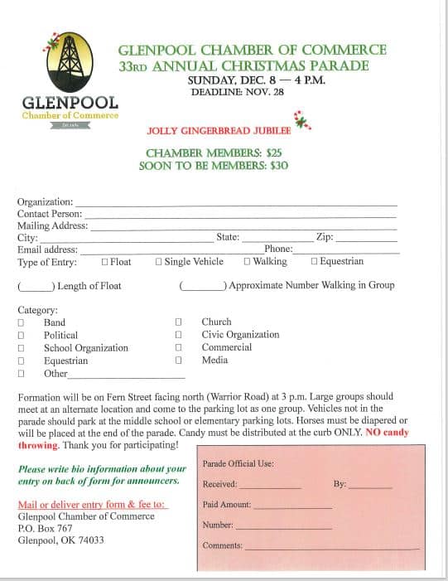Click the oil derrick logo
(x=69, y=63)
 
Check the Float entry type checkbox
(x=105, y=262)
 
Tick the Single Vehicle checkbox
(x=159, y=262)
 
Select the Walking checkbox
(x=247, y=262)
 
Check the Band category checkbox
(x=21, y=323)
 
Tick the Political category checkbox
(x=21, y=336)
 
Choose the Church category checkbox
(x=178, y=322)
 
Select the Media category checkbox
(x=178, y=361)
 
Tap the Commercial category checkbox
(x=178, y=348)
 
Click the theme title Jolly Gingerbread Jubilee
(x=219, y=131)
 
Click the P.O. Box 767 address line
(x=45, y=528)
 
